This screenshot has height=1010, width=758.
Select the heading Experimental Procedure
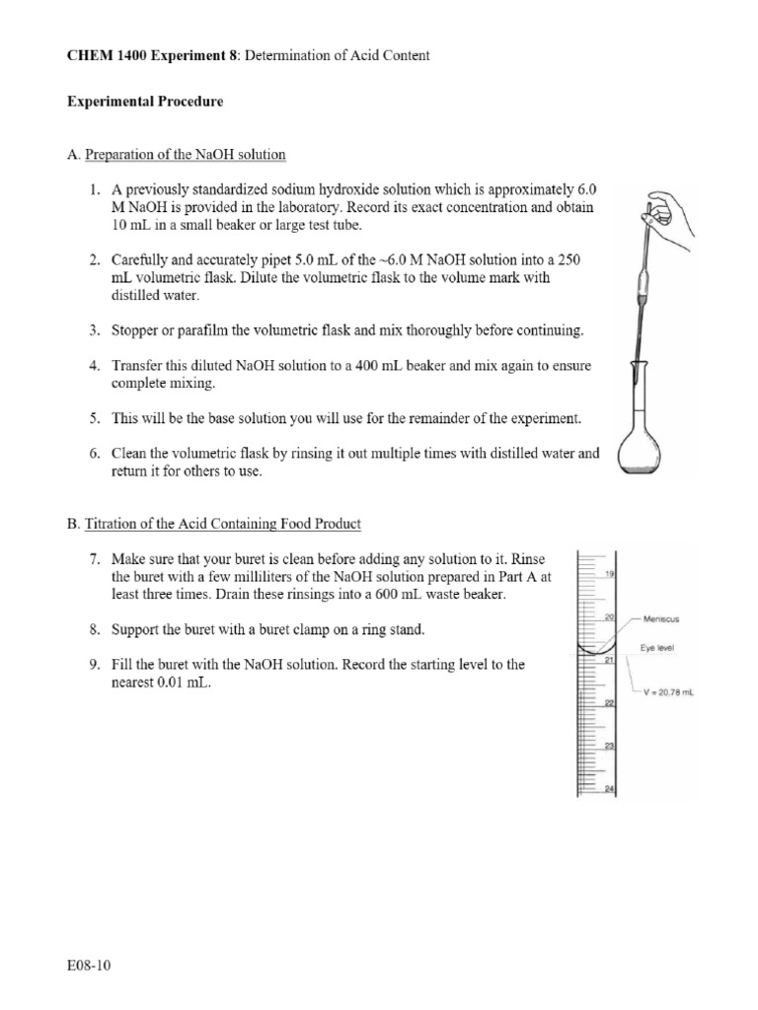point(144,102)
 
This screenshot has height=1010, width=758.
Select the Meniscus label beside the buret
point(660,619)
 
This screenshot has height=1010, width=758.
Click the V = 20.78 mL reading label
point(669,692)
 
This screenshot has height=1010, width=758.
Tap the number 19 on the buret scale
point(610,573)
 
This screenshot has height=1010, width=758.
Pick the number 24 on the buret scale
point(610,788)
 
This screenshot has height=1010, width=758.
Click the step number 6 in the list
point(95,454)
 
